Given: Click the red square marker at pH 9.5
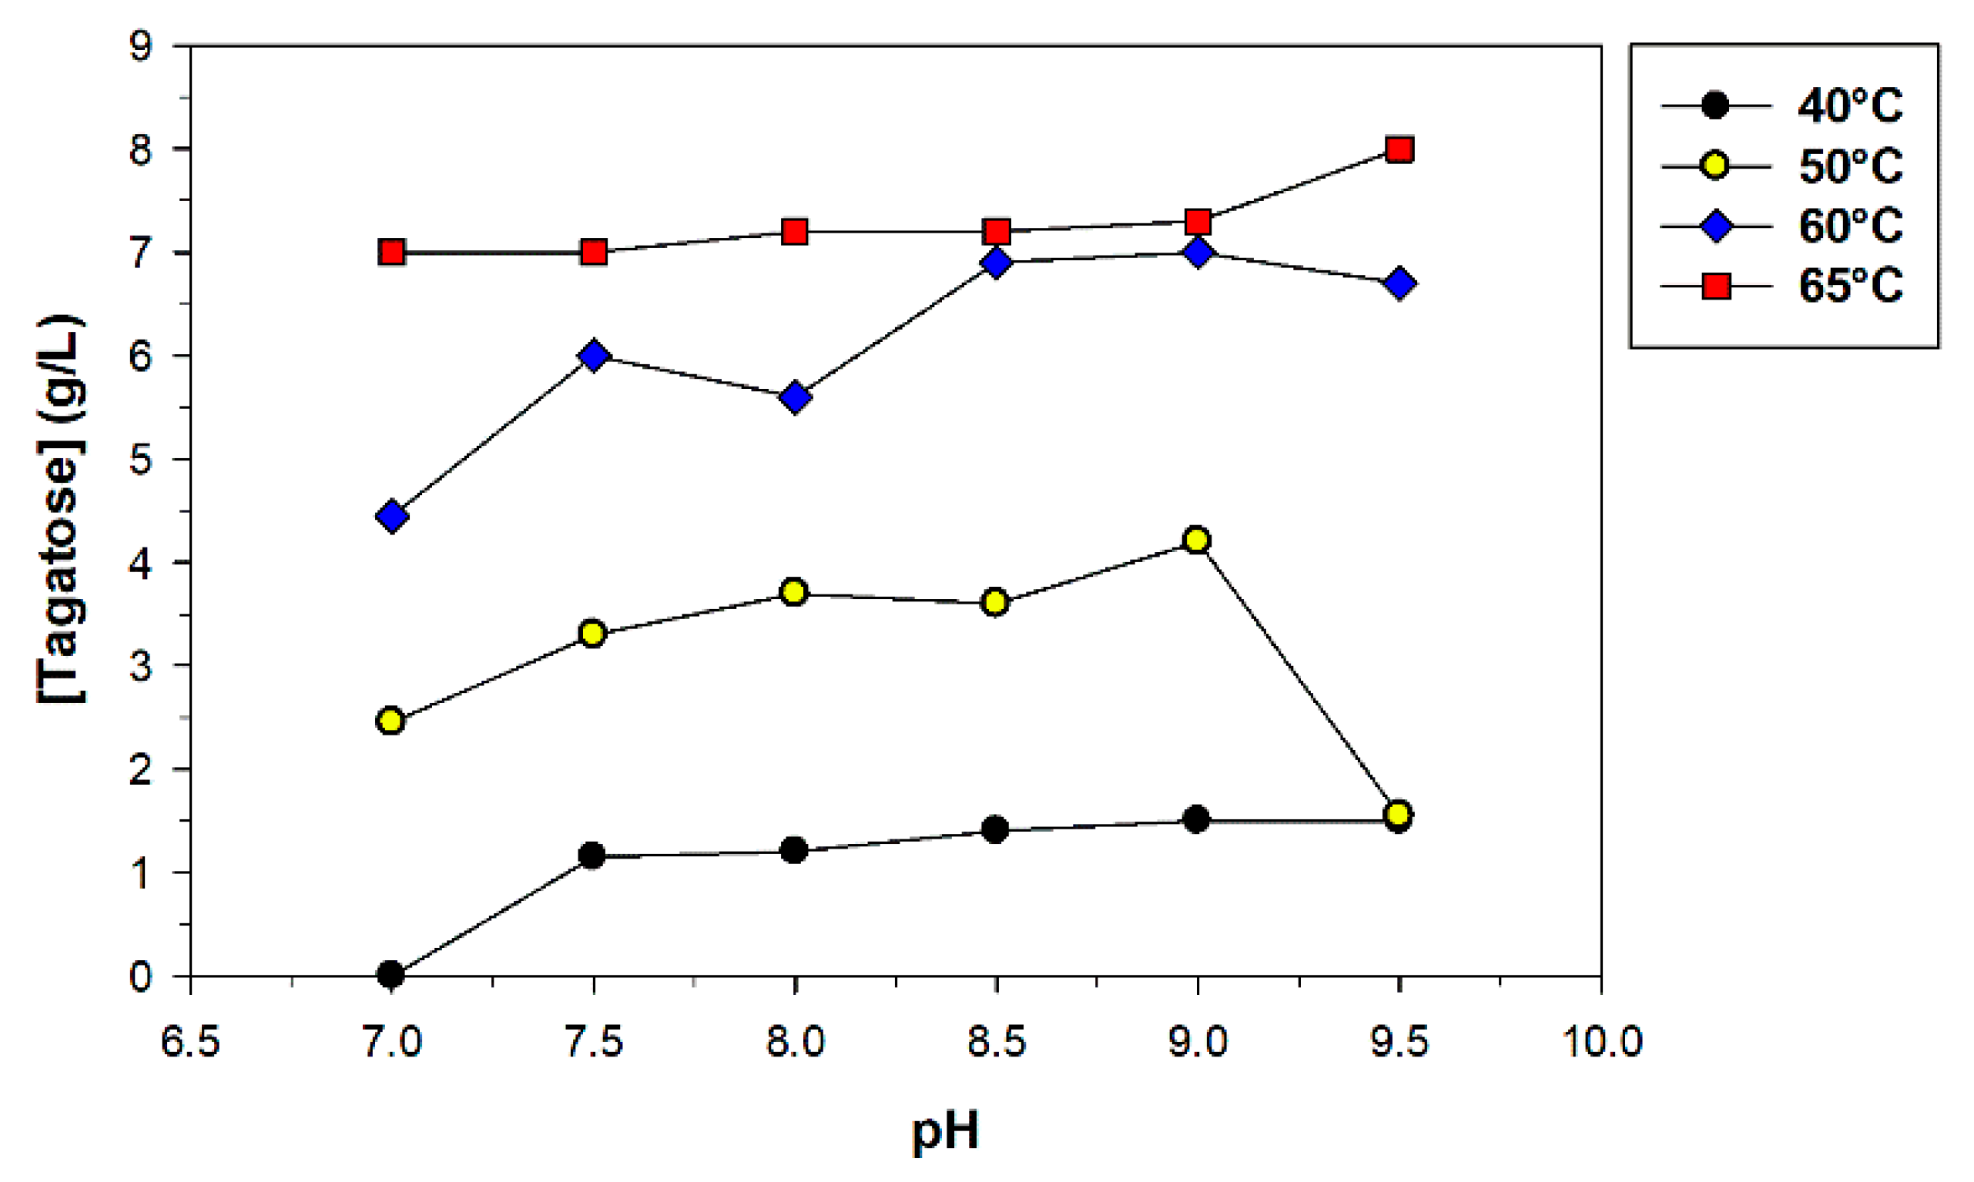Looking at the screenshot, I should pos(1399,149).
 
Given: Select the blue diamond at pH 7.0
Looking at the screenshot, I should pos(391,516).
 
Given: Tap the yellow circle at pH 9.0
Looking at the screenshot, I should pos(1197,540).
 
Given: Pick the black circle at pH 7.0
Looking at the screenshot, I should pos(390,974).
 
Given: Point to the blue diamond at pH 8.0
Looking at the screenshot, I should pos(795,397).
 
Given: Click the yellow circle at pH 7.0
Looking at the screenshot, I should pos(390,721).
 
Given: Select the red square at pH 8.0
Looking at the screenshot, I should pos(795,232).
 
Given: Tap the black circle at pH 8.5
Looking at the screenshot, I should pos(995,830).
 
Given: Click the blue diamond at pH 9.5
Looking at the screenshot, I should pos(1399,283).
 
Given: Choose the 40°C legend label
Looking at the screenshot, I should pos(1850,105).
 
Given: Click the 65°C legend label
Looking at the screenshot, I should pos(1850,286).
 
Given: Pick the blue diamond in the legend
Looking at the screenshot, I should pos(1716,226).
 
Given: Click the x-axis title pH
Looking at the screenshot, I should pos(945,1131).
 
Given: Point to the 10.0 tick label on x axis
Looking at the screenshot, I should pos(1601,1042).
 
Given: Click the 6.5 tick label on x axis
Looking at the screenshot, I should pos(190,1042).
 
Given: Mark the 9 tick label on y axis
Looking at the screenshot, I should pos(140,48).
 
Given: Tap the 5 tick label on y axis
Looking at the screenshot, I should pos(140,460).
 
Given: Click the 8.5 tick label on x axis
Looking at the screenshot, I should pos(996,1042).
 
